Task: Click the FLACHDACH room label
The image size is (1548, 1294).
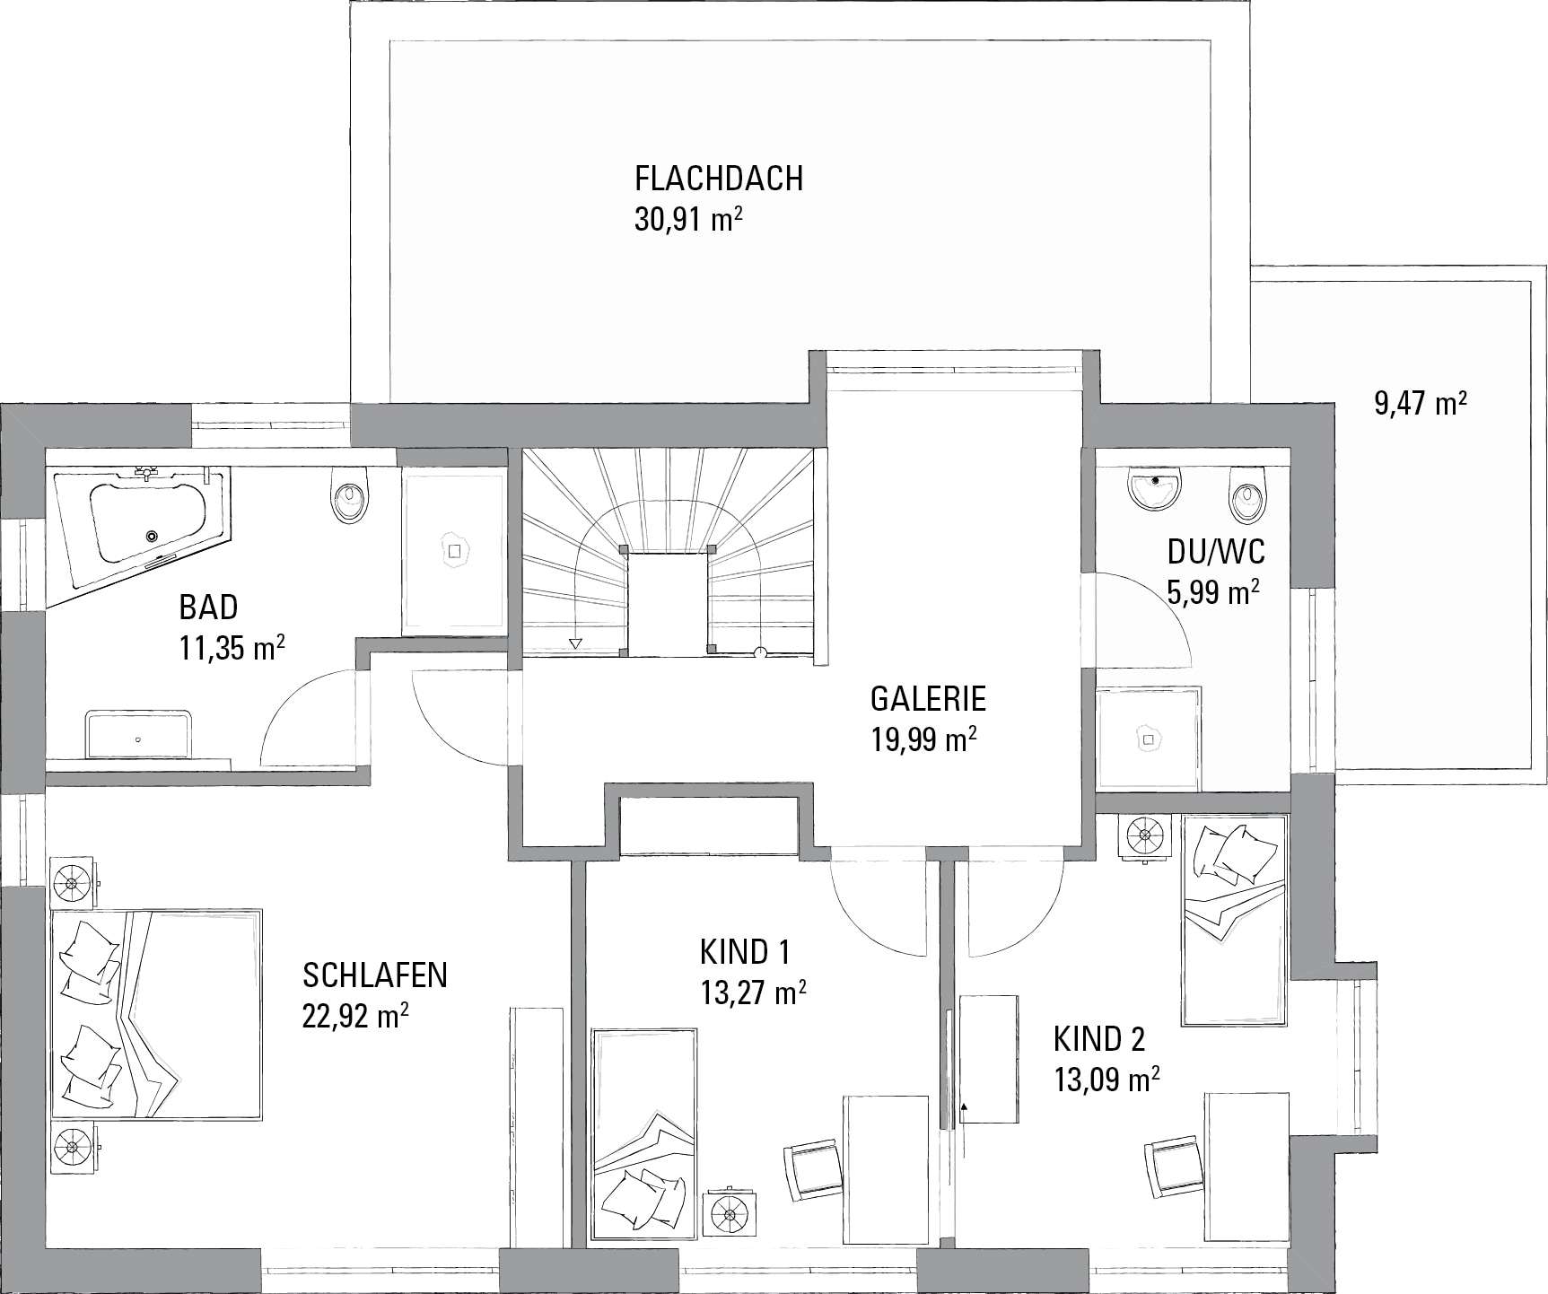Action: [x=718, y=179]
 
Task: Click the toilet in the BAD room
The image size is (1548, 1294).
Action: [x=349, y=496]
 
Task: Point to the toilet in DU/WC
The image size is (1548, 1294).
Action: [x=1246, y=497]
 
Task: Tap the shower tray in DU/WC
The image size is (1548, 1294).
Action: [x=1149, y=739]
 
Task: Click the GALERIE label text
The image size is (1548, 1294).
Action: [x=929, y=697]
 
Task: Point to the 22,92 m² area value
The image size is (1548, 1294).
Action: [x=357, y=1016]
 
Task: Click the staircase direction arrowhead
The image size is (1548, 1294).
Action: [x=575, y=643]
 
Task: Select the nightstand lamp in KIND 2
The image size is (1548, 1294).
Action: [x=1144, y=836]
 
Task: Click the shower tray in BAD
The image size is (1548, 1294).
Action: [x=454, y=549]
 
